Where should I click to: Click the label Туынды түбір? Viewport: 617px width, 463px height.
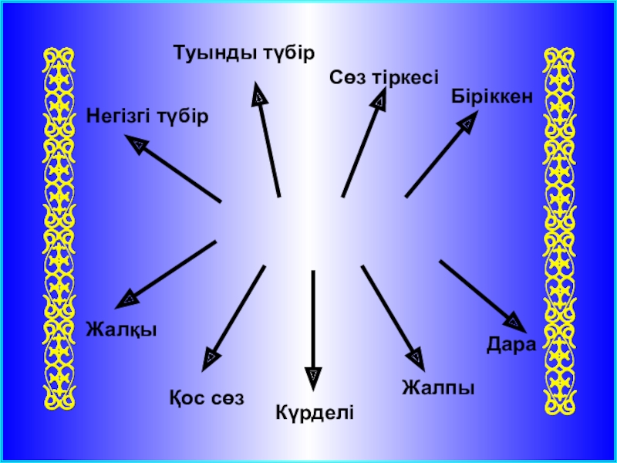(244, 55)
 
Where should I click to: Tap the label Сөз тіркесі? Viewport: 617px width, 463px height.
(384, 76)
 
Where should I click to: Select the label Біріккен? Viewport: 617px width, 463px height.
(492, 96)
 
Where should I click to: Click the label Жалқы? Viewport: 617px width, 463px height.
(122, 330)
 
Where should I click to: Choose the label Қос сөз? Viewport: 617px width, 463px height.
(206, 399)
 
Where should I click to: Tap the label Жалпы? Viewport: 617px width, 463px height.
(437, 387)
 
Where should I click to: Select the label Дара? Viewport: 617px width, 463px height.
(511, 343)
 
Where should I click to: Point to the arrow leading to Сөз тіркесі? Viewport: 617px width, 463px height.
(363, 143)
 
